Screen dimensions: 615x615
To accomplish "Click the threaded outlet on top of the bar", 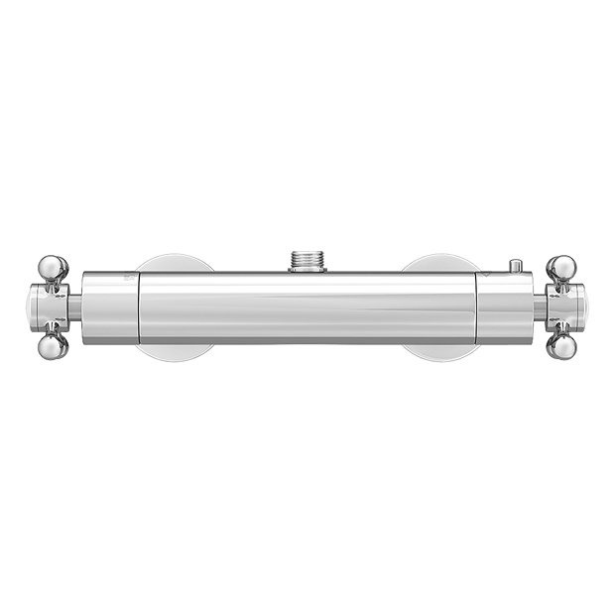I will tap(307, 261).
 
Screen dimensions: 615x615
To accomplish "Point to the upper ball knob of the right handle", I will tap(561, 267).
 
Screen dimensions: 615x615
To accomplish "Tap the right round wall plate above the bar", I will tap(441, 263).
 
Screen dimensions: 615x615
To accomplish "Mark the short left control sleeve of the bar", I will tap(110, 307).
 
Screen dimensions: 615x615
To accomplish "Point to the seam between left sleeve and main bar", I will tap(138, 307).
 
